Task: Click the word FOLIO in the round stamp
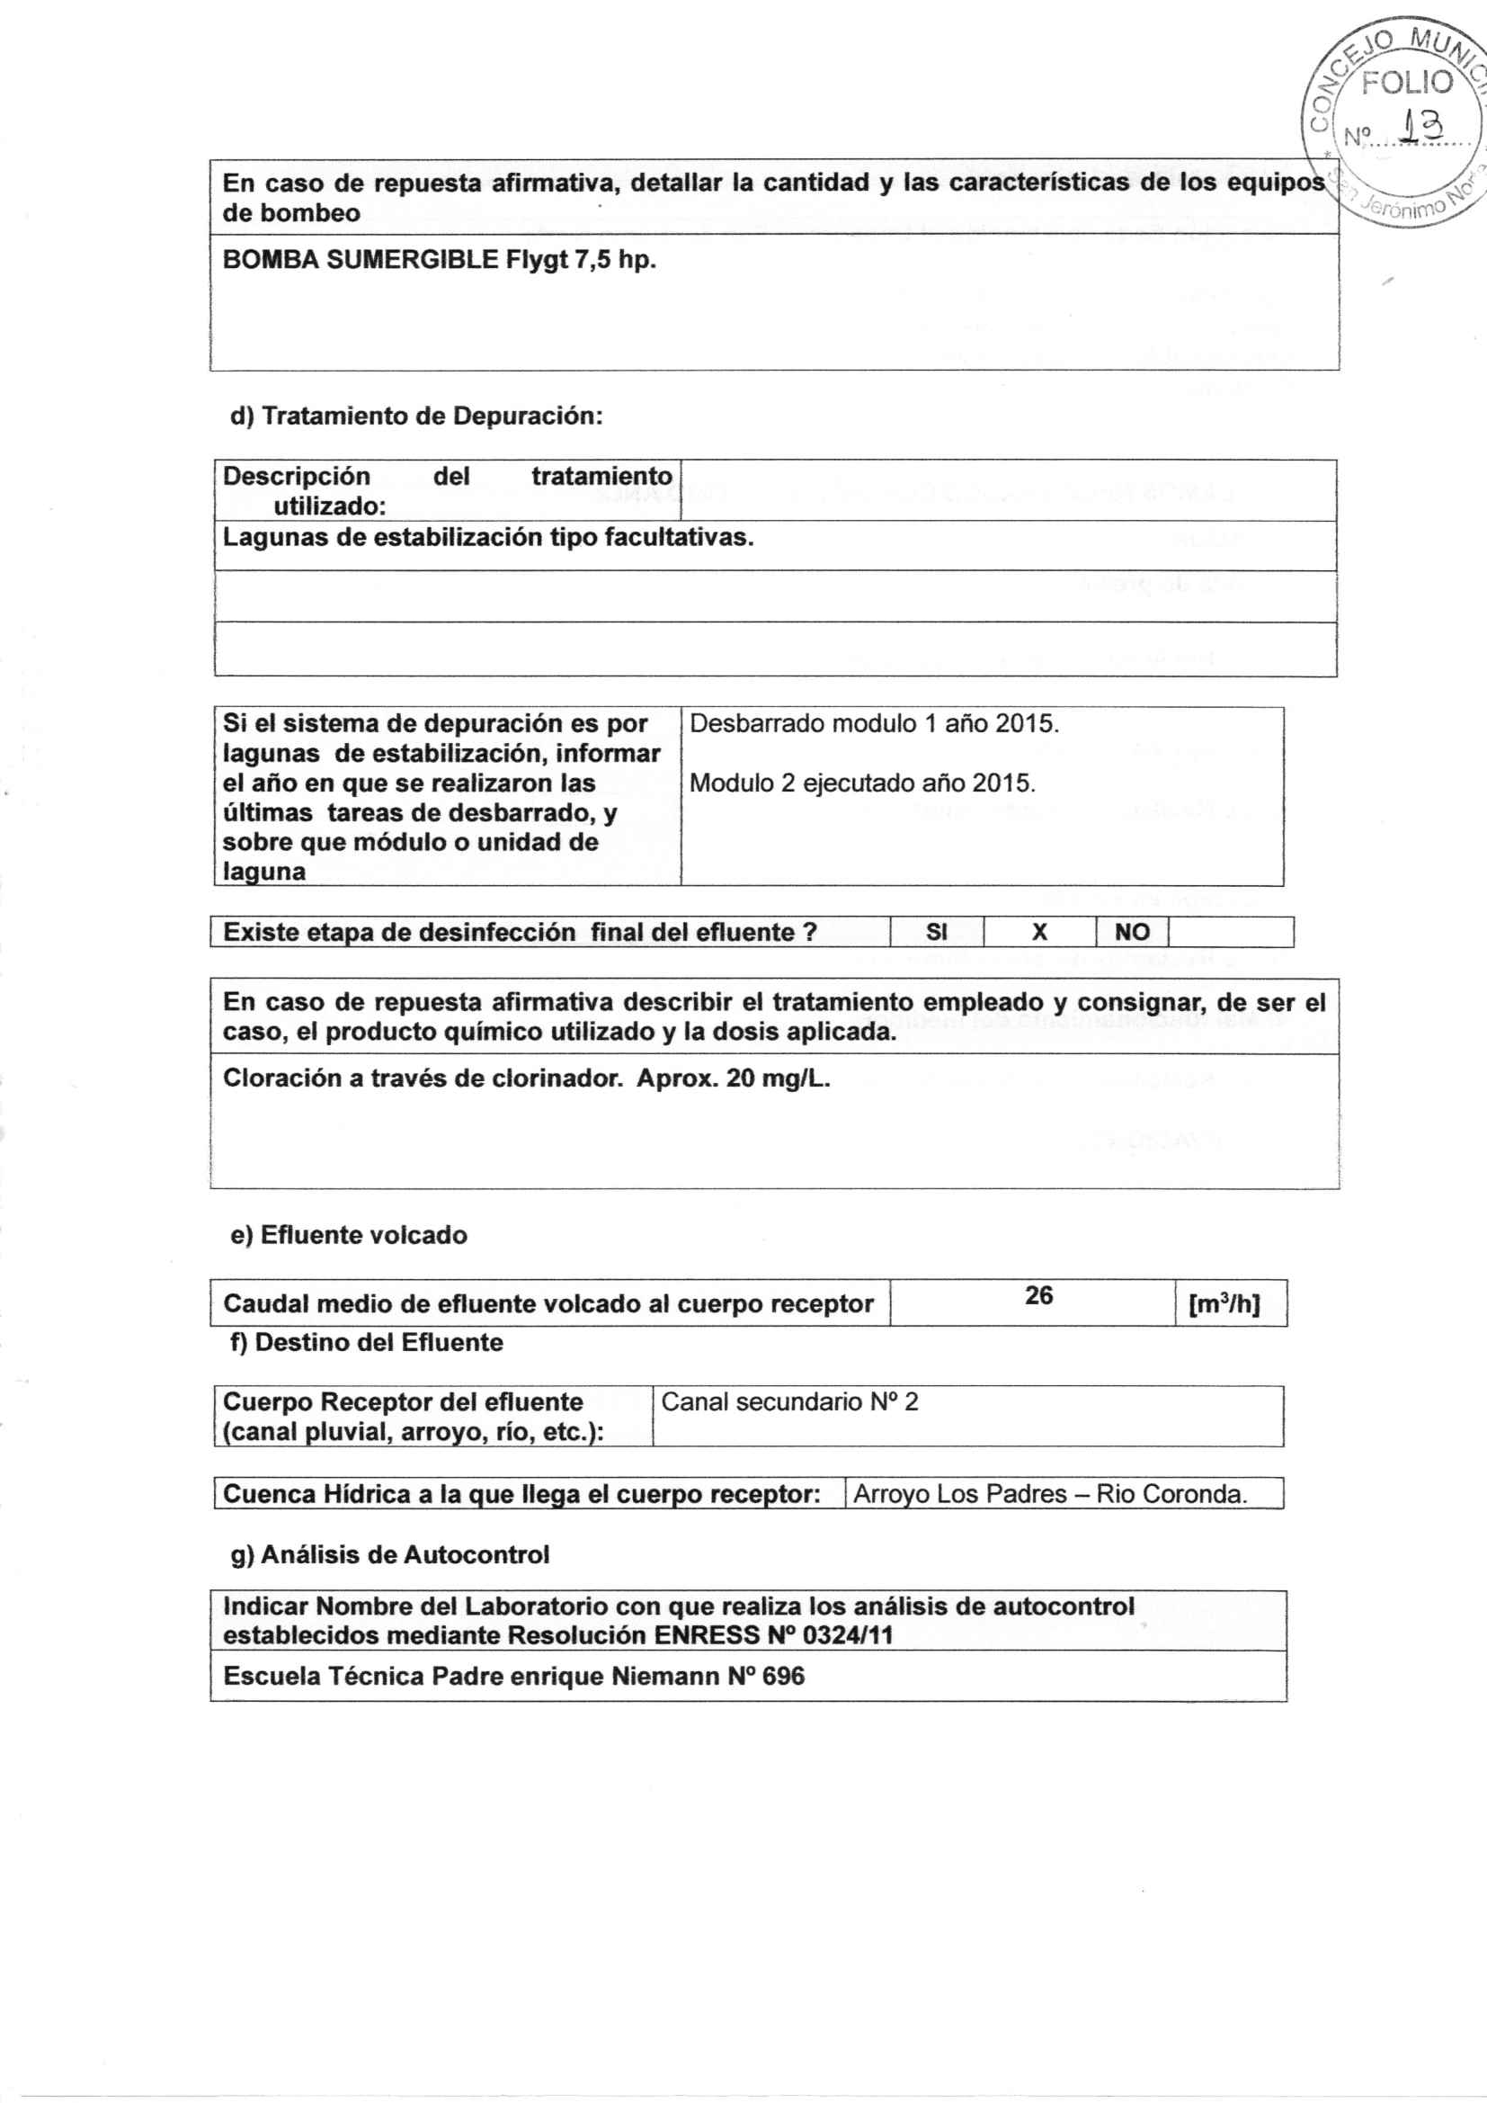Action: [x=1406, y=84]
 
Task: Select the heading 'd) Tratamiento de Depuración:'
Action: [x=416, y=416]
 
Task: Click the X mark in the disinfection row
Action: [x=1039, y=933]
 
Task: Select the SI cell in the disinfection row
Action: [x=937, y=933]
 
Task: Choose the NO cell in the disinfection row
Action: [x=1132, y=933]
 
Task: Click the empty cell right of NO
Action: [x=1231, y=933]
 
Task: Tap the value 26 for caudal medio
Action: [x=1038, y=1295]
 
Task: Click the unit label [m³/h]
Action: [x=1224, y=1305]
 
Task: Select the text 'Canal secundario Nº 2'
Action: [x=789, y=1401]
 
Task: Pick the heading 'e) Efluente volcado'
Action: [x=349, y=1235]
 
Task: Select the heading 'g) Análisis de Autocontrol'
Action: [x=390, y=1554]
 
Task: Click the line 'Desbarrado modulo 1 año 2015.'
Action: [x=874, y=723]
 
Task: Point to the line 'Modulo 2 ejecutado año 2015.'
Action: [x=861, y=783]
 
